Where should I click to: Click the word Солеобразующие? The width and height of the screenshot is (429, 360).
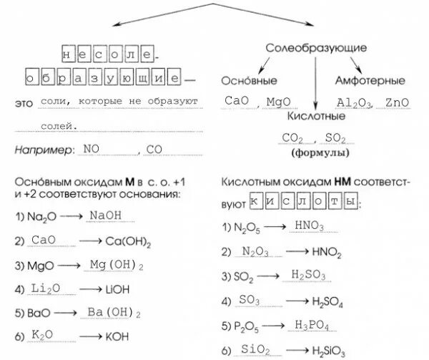pyautogui.click(x=316, y=48)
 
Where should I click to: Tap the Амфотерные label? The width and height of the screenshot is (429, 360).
pyautogui.click(x=370, y=81)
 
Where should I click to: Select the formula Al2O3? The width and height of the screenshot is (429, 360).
pyautogui.click(x=354, y=102)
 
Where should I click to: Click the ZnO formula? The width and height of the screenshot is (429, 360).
pyautogui.click(x=396, y=102)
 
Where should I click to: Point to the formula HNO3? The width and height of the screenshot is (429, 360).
pyautogui.click(x=309, y=227)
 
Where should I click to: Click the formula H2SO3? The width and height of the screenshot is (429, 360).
pyautogui.click(x=309, y=274)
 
